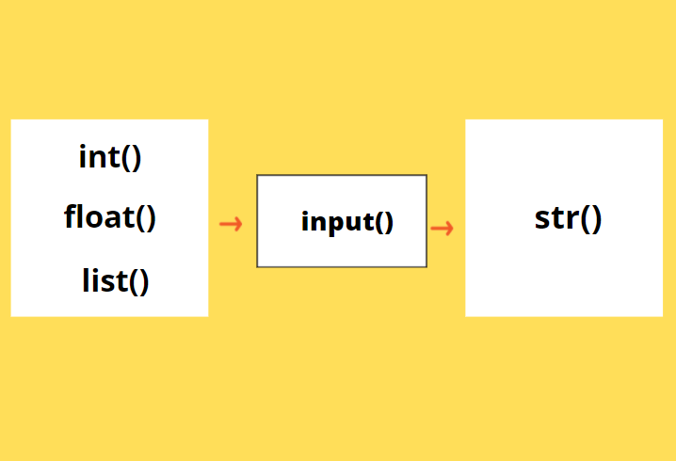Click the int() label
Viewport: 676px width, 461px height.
[110, 156]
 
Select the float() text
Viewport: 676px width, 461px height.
[110, 217]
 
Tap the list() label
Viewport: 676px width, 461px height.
[115, 280]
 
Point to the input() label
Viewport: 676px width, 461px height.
[346, 223]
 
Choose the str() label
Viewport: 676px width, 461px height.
[568, 218]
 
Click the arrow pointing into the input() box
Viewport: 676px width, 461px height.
[231, 224]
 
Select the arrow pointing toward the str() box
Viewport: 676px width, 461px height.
[442, 228]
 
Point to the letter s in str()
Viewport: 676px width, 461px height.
[541, 219]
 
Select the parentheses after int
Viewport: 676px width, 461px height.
[131, 157]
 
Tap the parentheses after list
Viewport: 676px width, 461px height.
[137, 281]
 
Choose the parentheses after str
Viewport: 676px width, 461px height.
[589, 219]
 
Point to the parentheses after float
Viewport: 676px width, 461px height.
[145, 218]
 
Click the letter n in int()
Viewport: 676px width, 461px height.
[98, 157]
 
